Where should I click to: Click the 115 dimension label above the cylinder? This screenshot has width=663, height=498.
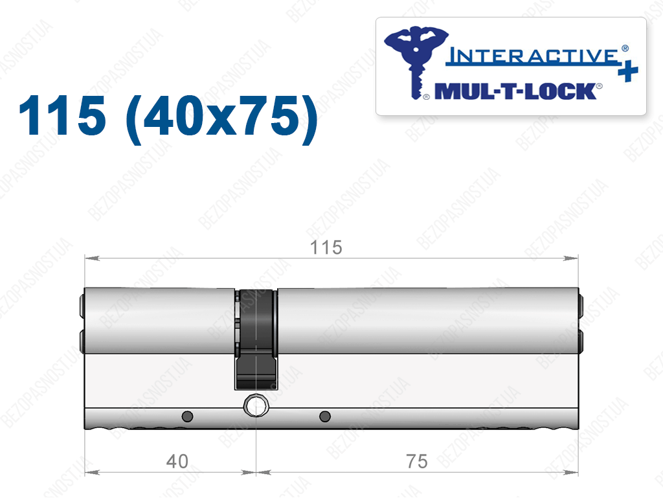click(x=326, y=247)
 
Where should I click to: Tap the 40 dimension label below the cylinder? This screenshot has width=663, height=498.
click(x=177, y=461)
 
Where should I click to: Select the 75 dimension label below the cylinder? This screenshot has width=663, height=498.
click(x=417, y=461)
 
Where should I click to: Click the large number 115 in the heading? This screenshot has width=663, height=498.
click(x=62, y=115)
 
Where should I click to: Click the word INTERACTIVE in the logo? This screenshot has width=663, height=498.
click(x=533, y=56)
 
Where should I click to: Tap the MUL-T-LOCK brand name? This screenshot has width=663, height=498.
click(x=515, y=91)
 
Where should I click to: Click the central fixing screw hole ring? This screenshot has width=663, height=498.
click(x=256, y=406)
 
